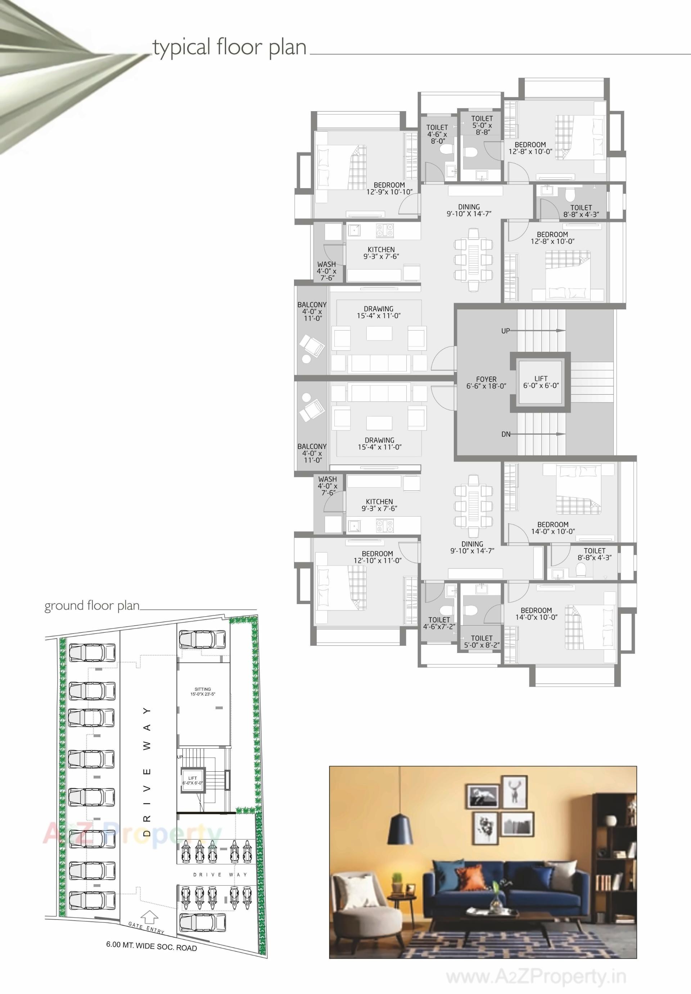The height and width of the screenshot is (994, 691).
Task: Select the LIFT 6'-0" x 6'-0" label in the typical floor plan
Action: click(x=541, y=382)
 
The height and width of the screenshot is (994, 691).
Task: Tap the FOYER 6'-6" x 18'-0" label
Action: click(x=486, y=382)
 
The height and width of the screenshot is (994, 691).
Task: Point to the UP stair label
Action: click(x=505, y=331)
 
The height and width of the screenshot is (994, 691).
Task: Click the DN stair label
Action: click(x=506, y=434)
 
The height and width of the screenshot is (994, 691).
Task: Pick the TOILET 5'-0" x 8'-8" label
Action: click(x=482, y=125)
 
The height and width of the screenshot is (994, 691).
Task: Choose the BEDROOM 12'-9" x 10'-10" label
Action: click(x=389, y=188)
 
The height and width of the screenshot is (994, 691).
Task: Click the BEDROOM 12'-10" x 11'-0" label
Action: click(x=377, y=557)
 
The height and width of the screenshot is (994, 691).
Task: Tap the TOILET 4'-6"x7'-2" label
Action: click(x=439, y=623)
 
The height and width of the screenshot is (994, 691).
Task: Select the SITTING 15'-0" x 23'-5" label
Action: click(x=203, y=691)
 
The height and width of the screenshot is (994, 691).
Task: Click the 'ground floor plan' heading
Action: click(x=92, y=605)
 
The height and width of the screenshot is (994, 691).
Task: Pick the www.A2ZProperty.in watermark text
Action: click(x=536, y=977)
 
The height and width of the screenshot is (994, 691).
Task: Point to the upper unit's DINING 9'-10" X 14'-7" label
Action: click(x=469, y=210)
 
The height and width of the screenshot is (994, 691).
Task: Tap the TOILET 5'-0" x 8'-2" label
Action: click(x=482, y=641)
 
